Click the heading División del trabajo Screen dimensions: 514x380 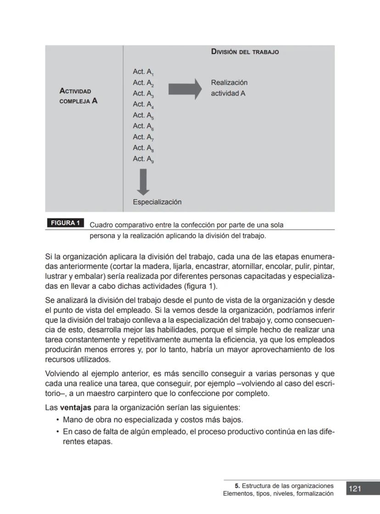pos(245,52)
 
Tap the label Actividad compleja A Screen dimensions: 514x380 pos(78,96)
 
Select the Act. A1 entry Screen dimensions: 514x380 pos(143,72)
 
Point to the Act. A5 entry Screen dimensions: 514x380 pos(143,116)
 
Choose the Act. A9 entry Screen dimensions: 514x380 pos(143,159)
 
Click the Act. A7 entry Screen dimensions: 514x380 pos(143,137)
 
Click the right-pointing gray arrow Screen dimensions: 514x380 pos(185,89)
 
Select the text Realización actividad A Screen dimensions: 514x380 pos(229,88)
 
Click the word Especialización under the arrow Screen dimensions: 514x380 pos(157,202)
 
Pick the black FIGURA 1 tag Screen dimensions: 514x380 pos(65,223)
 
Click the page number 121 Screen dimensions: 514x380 pos(355,489)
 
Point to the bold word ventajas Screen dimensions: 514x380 pos(76,408)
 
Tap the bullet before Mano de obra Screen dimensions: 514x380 pos(57,420)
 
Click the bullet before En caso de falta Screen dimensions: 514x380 pos(57,432)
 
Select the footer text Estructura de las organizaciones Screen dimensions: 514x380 pos(287,486)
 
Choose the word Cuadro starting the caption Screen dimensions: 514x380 pos(101,225)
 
